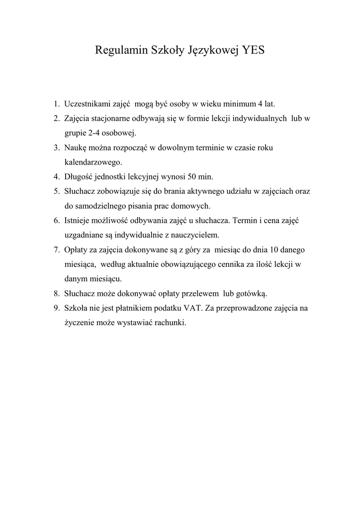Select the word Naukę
[x=76, y=148]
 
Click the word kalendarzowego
[x=93, y=162]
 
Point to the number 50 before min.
[x=193, y=176]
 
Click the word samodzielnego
[x=102, y=205]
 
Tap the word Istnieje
[x=77, y=220]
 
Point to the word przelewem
[x=202, y=293]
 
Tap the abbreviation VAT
[x=189, y=308]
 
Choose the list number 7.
[x=57, y=249]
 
